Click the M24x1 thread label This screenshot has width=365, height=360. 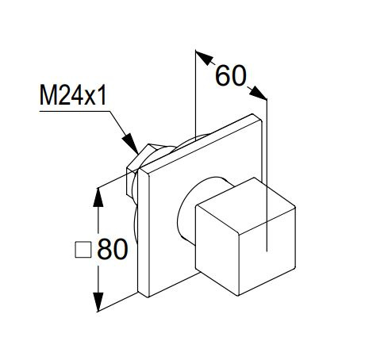coord(73,95)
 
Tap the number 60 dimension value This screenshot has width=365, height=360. coord(231,75)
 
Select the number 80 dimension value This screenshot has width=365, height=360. coord(113,249)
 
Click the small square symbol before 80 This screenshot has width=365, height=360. coord(83,250)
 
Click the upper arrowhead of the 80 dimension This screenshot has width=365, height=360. coord(98,197)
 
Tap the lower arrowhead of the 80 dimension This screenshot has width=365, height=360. coord(98,302)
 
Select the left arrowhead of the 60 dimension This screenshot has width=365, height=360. coord(204,58)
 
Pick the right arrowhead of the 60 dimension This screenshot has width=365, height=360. coord(258,93)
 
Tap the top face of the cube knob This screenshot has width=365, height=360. coord(245,205)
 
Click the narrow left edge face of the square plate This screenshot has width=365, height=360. coord(144,233)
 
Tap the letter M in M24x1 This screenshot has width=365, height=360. coord(48,95)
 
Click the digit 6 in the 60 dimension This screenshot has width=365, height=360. coord(223,75)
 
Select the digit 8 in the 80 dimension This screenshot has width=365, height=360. coord(105,249)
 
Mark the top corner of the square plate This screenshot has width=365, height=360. coord(252,114)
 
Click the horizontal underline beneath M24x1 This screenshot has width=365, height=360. coord(75,111)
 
